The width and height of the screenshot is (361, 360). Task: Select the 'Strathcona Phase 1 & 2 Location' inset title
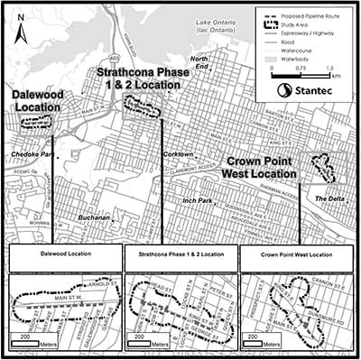point(180,256)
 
